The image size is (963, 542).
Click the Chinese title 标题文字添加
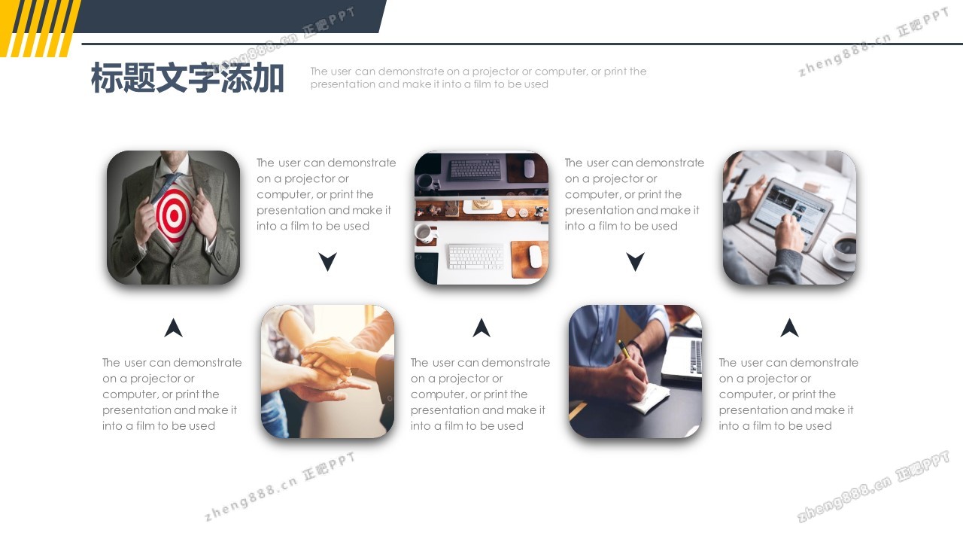point(187,78)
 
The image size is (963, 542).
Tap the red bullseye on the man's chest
point(174,215)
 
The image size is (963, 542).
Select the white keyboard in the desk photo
point(475,257)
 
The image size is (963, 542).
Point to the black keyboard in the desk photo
point(475,169)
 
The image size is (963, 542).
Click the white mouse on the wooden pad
point(535,257)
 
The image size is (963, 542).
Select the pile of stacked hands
point(331,366)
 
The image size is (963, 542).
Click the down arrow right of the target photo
point(327,261)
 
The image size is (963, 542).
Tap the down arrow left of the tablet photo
point(636,261)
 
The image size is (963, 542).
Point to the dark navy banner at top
point(228,17)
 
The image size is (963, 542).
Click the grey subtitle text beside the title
point(478,78)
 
